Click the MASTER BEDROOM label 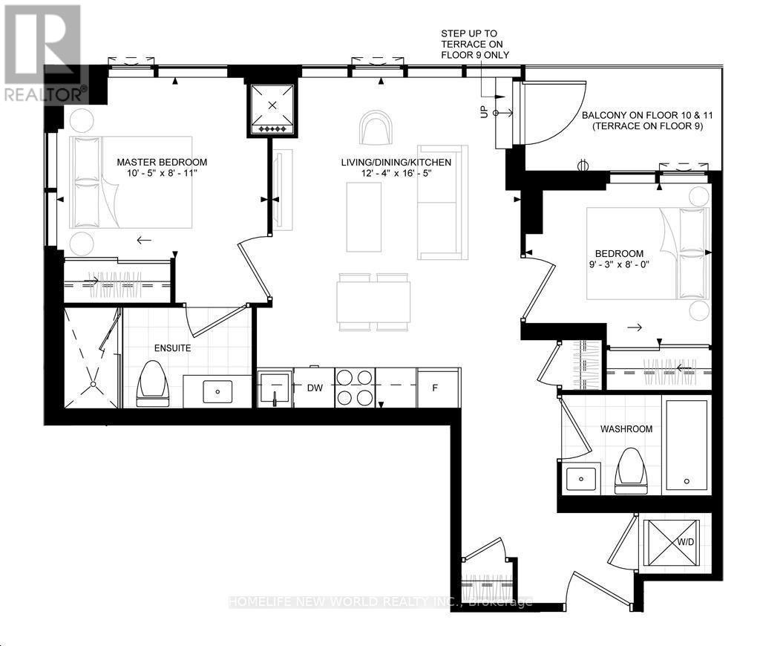tap(162, 162)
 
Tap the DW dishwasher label tap(315, 388)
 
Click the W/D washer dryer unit tap(671, 543)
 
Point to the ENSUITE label tap(172, 348)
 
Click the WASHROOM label tap(626, 429)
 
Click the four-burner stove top tap(356, 388)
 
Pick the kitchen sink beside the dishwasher tap(275, 388)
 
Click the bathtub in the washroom tap(687, 446)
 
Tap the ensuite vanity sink tap(217, 391)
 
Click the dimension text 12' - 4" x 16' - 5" tap(396, 173)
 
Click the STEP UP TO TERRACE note tap(475, 44)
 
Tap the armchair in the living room tap(376, 128)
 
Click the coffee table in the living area tap(364, 217)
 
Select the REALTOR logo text tap(45, 94)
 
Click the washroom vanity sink tap(581, 479)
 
